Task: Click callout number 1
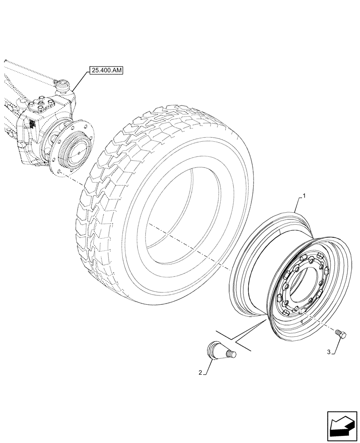pos(304,195)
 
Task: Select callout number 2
pos(200,373)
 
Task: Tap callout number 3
pos(329,352)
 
